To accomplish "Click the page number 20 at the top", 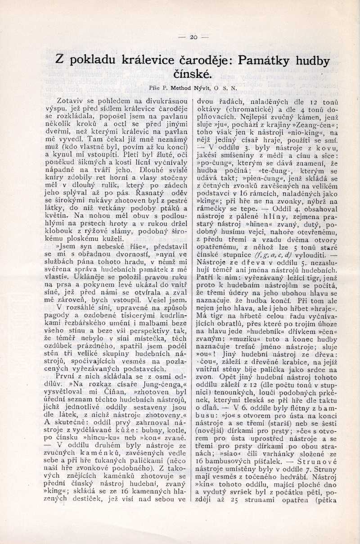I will pos(194,37).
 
